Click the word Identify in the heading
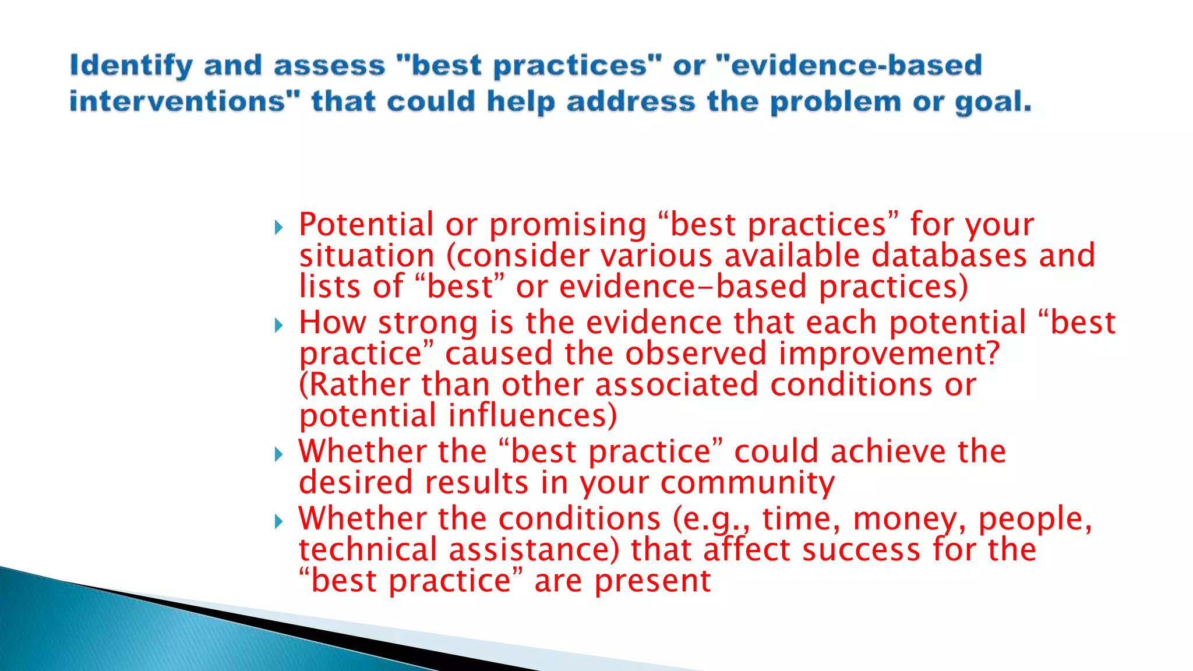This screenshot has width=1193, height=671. click(131, 65)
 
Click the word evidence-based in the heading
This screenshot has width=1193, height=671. click(856, 65)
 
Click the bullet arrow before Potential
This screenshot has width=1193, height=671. click(278, 227)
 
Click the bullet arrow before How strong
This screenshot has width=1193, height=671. click(278, 325)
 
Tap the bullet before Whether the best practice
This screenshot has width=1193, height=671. click(278, 454)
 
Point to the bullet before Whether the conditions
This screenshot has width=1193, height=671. click(278, 521)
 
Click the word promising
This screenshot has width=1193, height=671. click(567, 225)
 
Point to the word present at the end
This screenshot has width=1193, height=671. click(652, 581)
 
